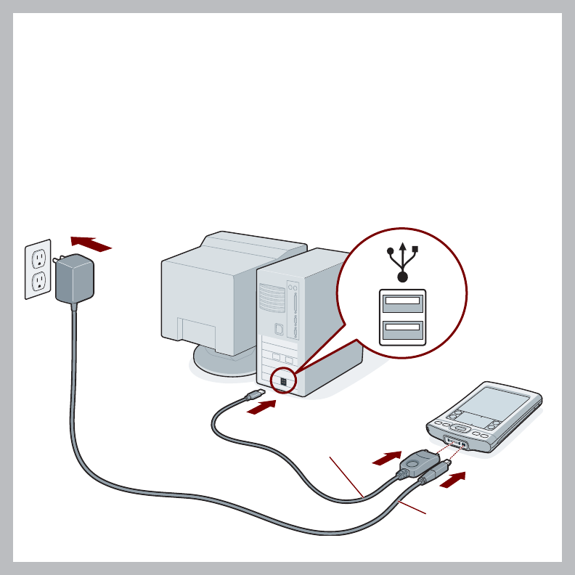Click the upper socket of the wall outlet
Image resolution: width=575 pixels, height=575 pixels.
click(38, 258)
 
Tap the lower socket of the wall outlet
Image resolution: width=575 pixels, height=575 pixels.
click(39, 280)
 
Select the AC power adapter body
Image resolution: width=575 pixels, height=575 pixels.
click(75, 280)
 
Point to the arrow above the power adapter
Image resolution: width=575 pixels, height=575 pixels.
click(91, 243)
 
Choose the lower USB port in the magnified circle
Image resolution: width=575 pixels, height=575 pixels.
click(402, 329)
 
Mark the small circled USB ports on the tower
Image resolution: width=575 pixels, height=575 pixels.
click(283, 380)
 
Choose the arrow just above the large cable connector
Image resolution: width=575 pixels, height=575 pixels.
click(387, 457)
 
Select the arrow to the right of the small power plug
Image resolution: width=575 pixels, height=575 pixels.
click(454, 480)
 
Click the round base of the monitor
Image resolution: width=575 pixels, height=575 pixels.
click(218, 361)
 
